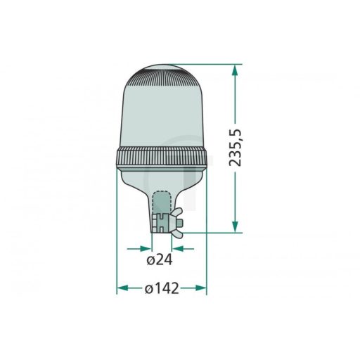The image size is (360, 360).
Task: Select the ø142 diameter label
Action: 161,289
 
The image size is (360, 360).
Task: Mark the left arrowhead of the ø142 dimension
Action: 121,288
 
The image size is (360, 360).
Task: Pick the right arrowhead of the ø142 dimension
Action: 202,288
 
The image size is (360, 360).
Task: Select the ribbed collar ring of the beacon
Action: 161,160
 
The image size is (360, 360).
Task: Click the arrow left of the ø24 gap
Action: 143,247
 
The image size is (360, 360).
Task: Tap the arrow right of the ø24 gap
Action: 179,247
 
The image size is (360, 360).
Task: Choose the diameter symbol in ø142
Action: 150,289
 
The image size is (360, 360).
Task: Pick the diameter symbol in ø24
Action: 151,260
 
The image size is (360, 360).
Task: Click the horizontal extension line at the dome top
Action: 204,65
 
